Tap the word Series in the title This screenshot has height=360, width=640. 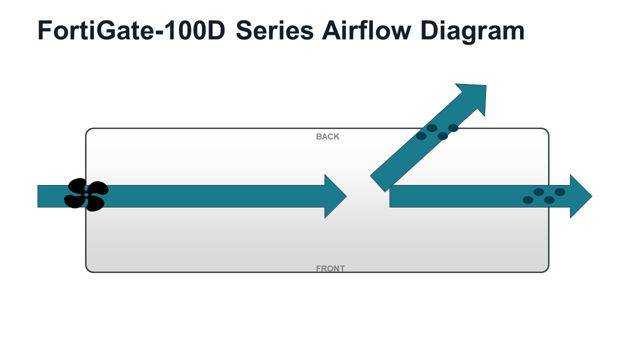(x=275, y=30)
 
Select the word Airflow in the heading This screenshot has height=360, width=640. (x=366, y=30)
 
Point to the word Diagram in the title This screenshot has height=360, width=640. (x=472, y=32)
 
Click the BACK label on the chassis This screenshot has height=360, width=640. (x=327, y=137)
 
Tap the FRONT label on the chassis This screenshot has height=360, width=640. (x=330, y=268)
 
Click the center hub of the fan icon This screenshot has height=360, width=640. (x=86, y=195)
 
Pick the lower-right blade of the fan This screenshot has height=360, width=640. (x=95, y=204)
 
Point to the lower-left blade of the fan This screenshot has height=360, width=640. (x=74, y=201)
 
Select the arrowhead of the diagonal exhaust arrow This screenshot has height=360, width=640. (x=474, y=95)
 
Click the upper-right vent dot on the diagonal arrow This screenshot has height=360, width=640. (x=453, y=128)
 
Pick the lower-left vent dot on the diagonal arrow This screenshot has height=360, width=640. (x=421, y=136)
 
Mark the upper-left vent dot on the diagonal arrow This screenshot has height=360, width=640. (x=432, y=128)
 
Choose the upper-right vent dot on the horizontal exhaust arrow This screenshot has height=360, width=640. (x=560, y=192)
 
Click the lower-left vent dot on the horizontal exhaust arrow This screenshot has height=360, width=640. (x=528, y=200)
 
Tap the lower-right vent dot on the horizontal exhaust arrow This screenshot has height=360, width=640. (x=549, y=200)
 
